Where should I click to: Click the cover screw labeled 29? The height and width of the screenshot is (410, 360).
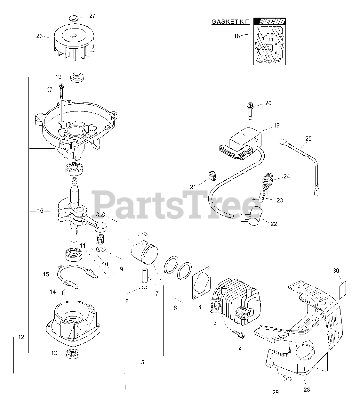(288, 379)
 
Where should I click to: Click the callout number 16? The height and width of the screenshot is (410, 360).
(40, 211)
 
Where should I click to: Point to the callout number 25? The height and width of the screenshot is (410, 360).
(308, 139)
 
